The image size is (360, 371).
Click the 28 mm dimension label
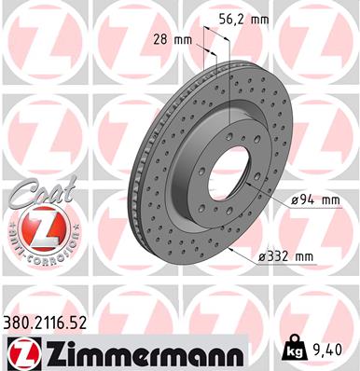coord(173,39)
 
